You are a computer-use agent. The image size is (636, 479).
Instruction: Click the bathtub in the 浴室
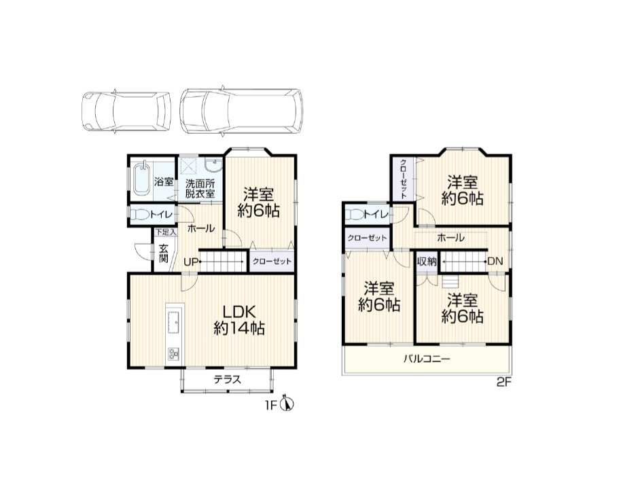pyautogui.click(x=141, y=179)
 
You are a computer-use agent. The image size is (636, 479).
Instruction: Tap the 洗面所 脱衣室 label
pyautogui.click(x=200, y=189)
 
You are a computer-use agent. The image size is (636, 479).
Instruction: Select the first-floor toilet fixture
pyautogui.click(x=141, y=215)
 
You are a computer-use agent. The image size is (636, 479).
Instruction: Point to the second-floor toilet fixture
pyautogui.click(x=355, y=215)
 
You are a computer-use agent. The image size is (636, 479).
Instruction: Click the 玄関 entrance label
pyautogui.click(x=164, y=253)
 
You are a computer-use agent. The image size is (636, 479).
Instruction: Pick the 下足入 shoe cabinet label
pyautogui.click(x=166, y=232)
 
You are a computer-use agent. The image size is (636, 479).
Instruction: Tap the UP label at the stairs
pyautogui.click(x=191, y=262)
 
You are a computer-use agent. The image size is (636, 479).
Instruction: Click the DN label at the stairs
pyautogui.click(x=495, y=262)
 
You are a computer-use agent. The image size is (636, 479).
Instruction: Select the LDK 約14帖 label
pyautogui.click(x=239, y=320)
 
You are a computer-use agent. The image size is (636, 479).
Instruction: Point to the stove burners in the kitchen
pyautogui.click(x=174, y=354)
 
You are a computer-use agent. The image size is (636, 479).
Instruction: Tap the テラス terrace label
pyautogui.click(x=227, y=380)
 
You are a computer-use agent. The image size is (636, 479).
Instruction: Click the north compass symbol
pyautogui.click(x=288, y=404)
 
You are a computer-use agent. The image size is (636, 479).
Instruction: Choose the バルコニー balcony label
pyautogui.click(x=427, y=359)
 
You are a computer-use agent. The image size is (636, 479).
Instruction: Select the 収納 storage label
pyautogui.click(x=427, y=262)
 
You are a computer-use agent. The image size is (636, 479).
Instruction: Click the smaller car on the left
pyautogui.click(x=126, y=111)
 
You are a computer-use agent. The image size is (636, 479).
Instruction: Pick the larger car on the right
pyautogui.click(x=241, y=111)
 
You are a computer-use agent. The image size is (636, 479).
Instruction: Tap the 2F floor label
pyautogui.click(x=504, y=383)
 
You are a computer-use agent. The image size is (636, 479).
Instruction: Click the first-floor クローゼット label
pyautogui.click(x=272, y=262)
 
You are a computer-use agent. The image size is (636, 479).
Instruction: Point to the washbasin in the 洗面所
pyautogui.click(x=213, y=166)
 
